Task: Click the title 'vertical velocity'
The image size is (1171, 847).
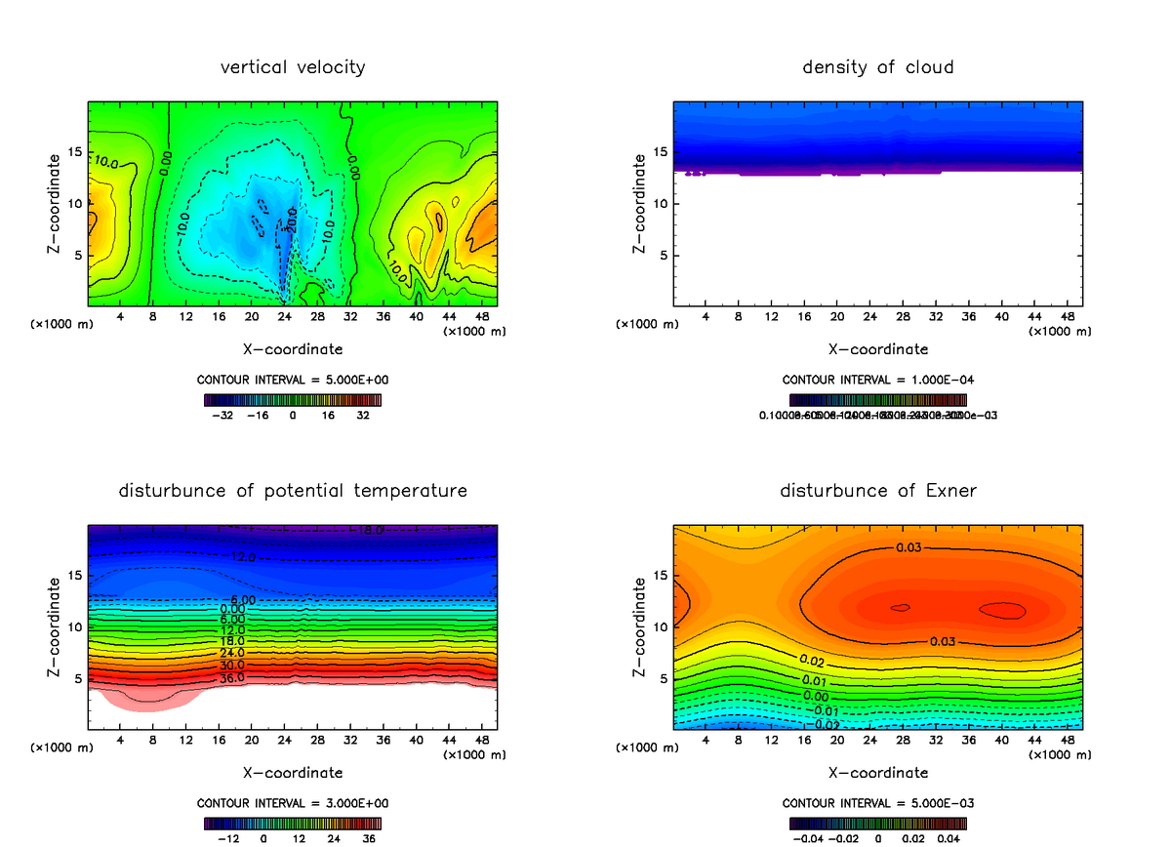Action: (x=293, y=67)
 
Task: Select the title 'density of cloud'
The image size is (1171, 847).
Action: (x=878, y=67)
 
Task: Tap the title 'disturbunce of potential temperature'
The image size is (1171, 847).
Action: (x=293, y=490)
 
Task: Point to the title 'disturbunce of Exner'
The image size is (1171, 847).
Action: (x=878, y=490)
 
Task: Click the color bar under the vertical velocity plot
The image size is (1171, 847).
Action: (x=293, y=399)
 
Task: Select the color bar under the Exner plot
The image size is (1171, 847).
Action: (x=878, y=823)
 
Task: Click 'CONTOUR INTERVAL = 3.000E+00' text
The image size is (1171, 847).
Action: (x=293, y=803)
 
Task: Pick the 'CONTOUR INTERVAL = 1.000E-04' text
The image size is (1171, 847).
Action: (x=878, y=380)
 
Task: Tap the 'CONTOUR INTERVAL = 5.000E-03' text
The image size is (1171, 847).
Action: (x=878, y=803)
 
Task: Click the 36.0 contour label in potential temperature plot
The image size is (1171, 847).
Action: (x=231, y=678)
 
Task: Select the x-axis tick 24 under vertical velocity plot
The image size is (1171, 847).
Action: (x=284, y=317)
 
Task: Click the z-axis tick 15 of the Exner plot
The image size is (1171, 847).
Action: (x=660, y=575)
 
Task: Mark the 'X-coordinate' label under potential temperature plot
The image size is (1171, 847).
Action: (x=293, y=773)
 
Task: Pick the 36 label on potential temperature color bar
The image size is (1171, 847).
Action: (x=368, y=837)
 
